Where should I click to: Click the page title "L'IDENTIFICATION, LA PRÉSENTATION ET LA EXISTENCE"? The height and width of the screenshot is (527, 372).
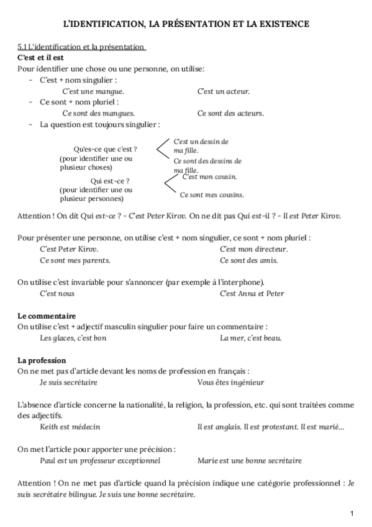187,24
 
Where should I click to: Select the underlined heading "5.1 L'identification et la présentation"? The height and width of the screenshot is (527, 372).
81,47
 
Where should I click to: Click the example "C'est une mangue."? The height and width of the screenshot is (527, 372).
93,91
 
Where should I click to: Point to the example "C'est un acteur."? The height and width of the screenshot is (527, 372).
224,91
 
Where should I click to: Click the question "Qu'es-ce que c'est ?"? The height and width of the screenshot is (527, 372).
105,150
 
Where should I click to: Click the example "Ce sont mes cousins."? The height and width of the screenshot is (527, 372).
212,195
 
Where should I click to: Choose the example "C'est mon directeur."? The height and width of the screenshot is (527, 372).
250,249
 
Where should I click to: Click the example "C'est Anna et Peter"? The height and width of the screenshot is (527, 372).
252,293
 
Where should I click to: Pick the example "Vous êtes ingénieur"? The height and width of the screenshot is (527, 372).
230,383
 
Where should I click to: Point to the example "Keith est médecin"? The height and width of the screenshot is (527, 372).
70,427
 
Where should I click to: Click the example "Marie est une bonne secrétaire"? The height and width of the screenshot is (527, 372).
250,461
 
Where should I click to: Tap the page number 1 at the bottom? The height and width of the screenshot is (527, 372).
352,513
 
